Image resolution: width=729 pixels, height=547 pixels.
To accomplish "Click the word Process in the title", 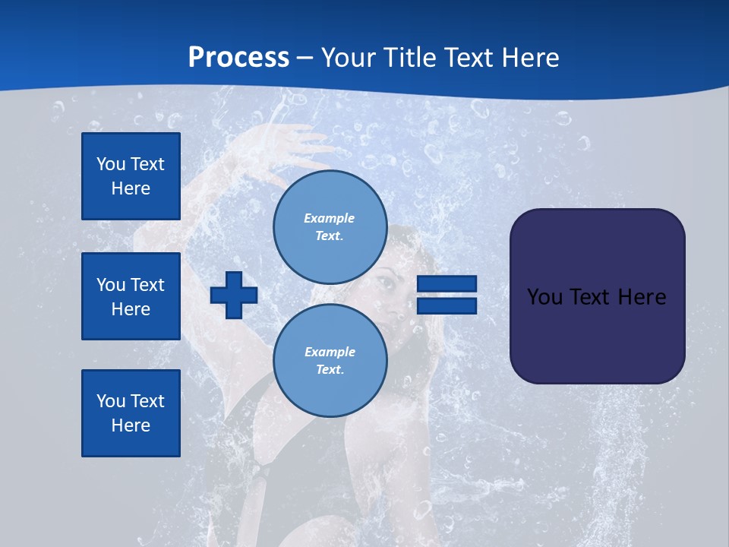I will (x=238, y=57).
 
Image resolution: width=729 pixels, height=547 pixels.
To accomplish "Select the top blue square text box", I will (x=131, y=176).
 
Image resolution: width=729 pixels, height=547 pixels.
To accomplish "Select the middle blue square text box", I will (x=131, y=296).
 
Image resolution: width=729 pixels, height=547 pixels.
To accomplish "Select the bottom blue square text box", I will (x=131, y=413).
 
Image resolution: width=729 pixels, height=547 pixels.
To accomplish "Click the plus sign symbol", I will (x=234, y=295).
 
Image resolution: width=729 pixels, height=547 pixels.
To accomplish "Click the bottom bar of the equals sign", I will (x=447, y=306).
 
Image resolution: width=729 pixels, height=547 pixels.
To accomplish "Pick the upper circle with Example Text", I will (x=330, y=226).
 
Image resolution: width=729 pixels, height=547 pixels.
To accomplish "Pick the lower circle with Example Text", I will (x=330, y=360).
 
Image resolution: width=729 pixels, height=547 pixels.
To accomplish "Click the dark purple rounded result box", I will (x=597, y=334).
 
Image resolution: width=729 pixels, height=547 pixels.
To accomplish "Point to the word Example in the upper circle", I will (x=330, y=218).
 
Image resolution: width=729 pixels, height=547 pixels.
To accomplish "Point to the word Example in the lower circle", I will (x=330, y=352).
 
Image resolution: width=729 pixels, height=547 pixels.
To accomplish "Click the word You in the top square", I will (x=111, y=164).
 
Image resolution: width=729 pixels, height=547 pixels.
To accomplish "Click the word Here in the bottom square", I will (x=131, y=425).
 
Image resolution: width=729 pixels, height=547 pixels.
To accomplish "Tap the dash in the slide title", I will (x=305, y=58).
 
